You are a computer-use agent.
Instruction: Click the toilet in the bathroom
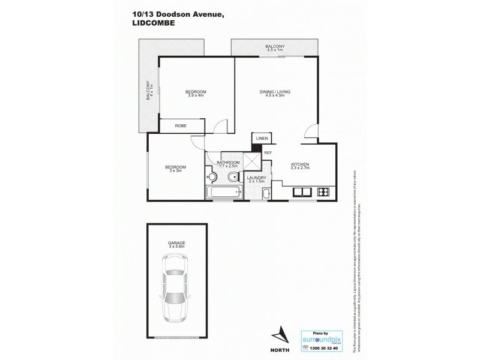(x=233, y=177)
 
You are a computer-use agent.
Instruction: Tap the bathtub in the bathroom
(x=223, y=193)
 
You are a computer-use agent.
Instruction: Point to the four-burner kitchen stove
(x=323, y=192)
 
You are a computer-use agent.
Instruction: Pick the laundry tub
(x=266, y=194)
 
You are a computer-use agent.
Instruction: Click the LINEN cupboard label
(x=262, y=139)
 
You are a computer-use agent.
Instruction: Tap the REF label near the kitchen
(x=268, y=153)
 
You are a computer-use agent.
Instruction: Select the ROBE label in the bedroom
(x=179, y=126)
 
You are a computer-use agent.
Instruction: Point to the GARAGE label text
(x=176, y=242)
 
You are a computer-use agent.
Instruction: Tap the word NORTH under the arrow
(x=277, y=349)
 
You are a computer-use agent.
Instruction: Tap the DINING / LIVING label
(x=275, y=92)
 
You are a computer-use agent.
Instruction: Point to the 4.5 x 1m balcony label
(x=276, y=46)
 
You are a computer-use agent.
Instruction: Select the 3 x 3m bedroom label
(x=176, y=169)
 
